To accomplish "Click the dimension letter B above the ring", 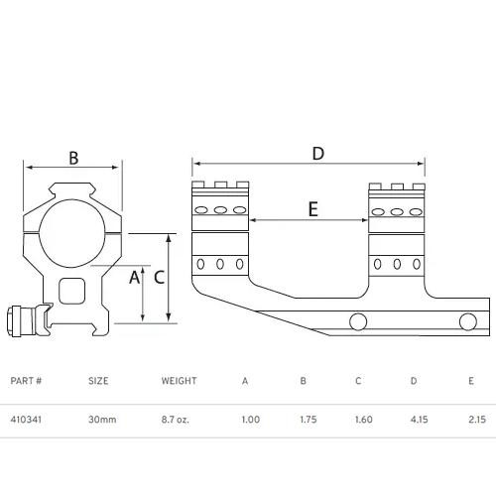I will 74,157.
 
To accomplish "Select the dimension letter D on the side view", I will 317,153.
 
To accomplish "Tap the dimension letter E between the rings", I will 312,209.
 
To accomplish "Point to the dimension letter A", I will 134,278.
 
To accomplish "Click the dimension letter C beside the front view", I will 159,278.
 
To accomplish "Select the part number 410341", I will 25,420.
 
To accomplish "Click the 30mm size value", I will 102,420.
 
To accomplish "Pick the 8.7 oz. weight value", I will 176,420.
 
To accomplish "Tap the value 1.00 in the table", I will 251,420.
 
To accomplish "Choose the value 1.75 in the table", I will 309,420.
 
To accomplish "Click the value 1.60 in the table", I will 363,420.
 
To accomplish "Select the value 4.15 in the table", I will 419,420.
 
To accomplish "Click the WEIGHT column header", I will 180,381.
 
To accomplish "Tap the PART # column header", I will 26,381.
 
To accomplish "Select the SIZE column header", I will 98,381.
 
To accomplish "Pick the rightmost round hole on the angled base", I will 466,319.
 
